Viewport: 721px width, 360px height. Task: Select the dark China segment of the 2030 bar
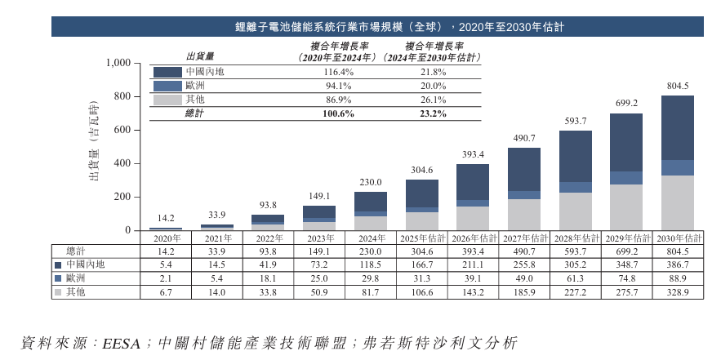click(x=677, y=128)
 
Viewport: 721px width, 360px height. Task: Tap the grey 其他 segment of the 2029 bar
click(x=626, y=207)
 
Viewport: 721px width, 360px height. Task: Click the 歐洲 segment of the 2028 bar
click(x=576, y=188)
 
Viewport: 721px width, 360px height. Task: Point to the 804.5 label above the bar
click(x=678, y=87)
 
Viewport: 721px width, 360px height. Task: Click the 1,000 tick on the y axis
click(x=118, y=64)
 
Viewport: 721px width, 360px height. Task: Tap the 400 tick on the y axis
click(x=122, y=163)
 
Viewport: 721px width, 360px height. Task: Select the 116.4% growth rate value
click(x=337, y=72)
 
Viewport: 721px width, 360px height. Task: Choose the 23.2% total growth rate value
click(x=433, y=113)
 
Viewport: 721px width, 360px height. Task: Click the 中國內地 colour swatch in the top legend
click(x=167, y=72)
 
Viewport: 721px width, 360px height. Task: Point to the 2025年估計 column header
click(x=423, y=238)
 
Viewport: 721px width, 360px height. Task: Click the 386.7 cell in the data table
click(x=678, y=264)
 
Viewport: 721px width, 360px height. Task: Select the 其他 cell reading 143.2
click(x=474, y=292)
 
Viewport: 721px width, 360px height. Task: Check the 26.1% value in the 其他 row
click(x=433, y=100)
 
